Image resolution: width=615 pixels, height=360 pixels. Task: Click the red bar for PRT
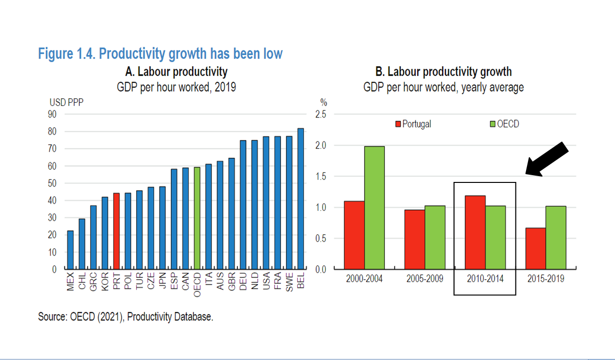click(117, 231)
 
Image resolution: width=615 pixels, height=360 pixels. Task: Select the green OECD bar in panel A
click(197, 218)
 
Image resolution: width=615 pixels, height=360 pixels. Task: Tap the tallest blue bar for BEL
click(301, 198)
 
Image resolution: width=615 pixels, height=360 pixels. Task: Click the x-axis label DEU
click(243, 281)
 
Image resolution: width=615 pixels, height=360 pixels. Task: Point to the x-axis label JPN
click(162, 281)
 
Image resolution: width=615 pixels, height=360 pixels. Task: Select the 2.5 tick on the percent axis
click(321, 114)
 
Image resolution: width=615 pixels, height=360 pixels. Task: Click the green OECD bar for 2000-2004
click(375, 208)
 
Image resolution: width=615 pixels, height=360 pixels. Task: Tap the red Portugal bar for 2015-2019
click(536, 248)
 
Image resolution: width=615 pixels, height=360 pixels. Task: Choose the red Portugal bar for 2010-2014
click(475, 232)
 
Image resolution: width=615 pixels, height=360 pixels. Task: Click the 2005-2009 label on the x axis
click(425, 279)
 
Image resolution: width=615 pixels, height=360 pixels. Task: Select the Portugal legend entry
click(413, 124)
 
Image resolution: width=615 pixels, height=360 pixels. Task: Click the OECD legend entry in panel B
click(505, 124)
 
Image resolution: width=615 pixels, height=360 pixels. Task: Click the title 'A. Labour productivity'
click(176, 72)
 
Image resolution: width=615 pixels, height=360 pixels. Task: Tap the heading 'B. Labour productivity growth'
click(443, 72)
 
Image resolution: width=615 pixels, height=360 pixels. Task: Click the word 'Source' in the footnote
click(53, 317)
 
